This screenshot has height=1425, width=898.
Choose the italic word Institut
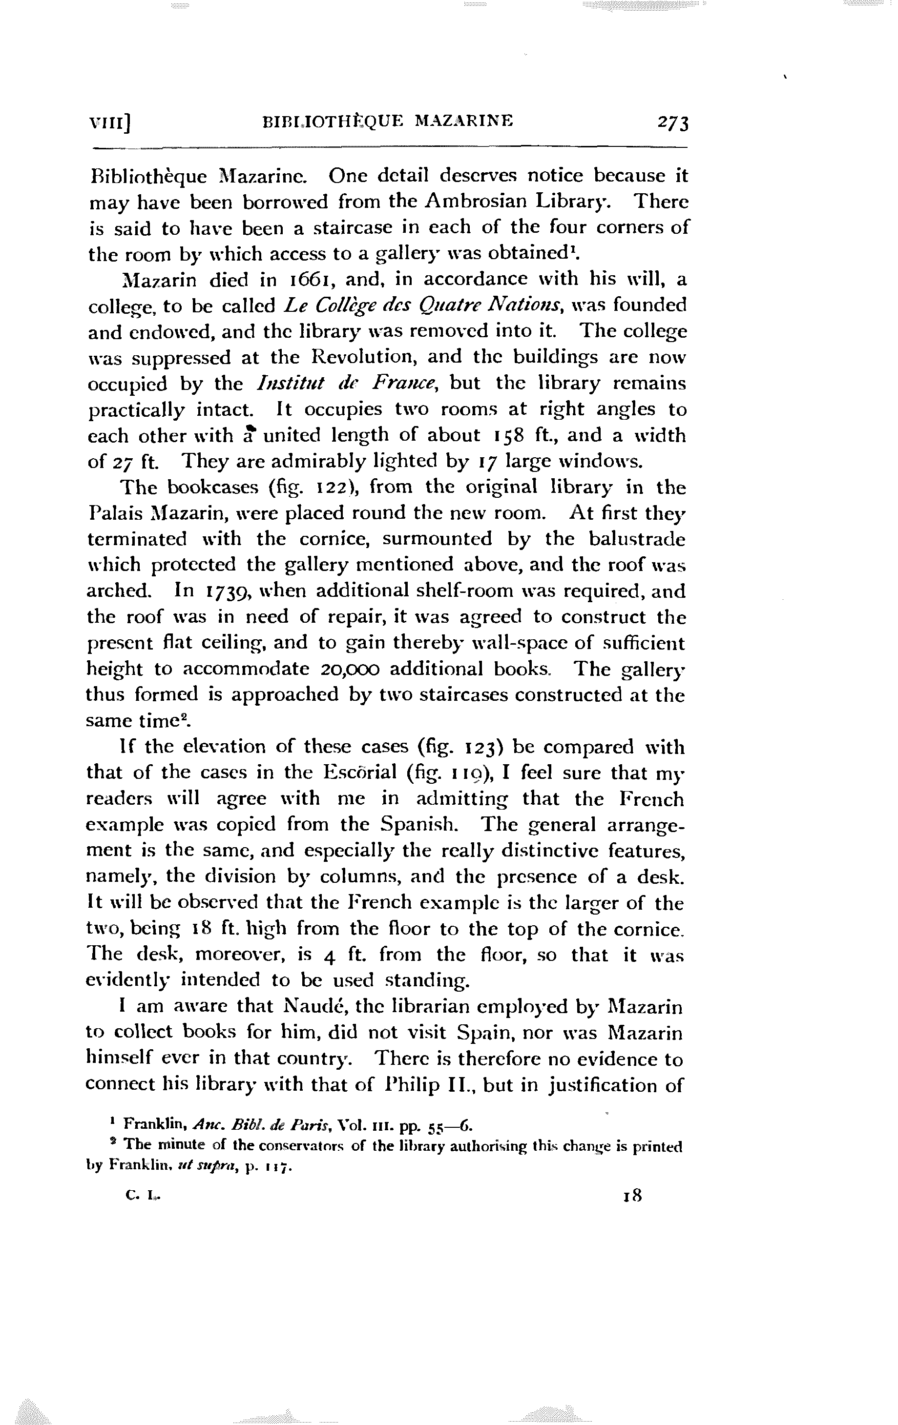[x=290, y=384]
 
